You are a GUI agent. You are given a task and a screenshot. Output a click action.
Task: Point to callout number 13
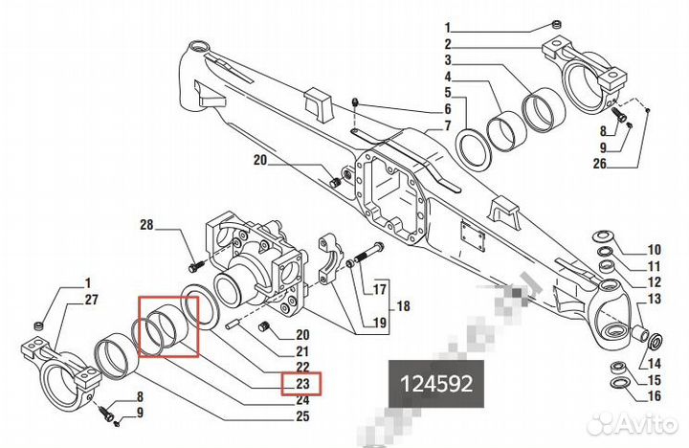[656, 300]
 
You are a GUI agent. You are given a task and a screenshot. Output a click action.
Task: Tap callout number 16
[656, 395]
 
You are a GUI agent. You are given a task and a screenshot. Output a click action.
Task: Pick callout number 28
[146, 227]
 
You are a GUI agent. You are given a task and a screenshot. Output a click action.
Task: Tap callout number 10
[656, 249]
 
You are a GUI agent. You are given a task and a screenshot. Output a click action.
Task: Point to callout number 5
[447, 92]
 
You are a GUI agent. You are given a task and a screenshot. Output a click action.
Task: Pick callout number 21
[301, 352]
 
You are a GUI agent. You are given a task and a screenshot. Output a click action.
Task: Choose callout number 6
[447, 108]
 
